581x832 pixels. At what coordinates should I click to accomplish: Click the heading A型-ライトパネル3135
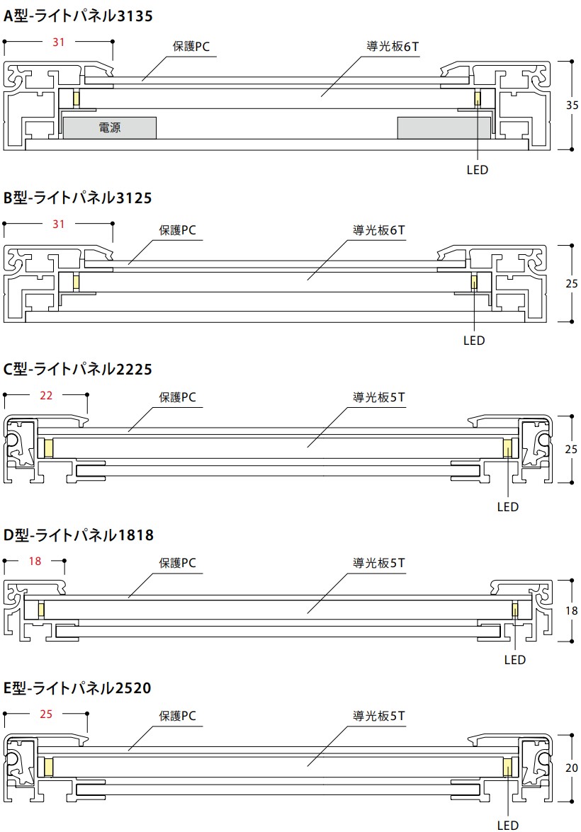click(x=78, y=16)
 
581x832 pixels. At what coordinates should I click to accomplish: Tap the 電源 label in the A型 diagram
click(x=110, y=128)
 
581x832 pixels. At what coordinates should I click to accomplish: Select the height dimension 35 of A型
click(x=572, y=105)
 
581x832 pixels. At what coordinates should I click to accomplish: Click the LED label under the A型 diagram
click(x=478, y=170)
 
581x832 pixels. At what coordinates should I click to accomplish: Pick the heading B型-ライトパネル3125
click(x=78, y=198)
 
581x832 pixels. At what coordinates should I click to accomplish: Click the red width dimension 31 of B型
click(x=59, y=224)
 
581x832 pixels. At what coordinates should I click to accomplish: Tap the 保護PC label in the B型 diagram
click(x=177, y=230)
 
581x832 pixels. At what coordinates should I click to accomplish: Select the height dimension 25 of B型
click(x=572, y=283)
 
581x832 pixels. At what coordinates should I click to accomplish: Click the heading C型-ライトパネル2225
click(x=78, y=369)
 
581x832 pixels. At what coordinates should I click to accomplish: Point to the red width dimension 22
click(x=46, y=395)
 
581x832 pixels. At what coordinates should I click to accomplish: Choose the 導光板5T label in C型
click(x=379, y=397)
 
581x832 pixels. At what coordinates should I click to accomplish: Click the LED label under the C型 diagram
click(x=508, y=507)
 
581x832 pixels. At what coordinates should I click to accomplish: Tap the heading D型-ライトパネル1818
click(x=79, y=535)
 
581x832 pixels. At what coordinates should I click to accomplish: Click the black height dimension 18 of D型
click(x=572, y=610)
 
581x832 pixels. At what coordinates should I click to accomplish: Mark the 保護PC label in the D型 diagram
click(x=177, y=564)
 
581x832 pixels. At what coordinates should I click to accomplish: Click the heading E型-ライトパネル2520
click(x=78, y=688)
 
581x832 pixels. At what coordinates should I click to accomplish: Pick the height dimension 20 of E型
click(x=572, y=768)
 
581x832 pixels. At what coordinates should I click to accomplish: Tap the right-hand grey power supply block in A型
click(x=444, y=127)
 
